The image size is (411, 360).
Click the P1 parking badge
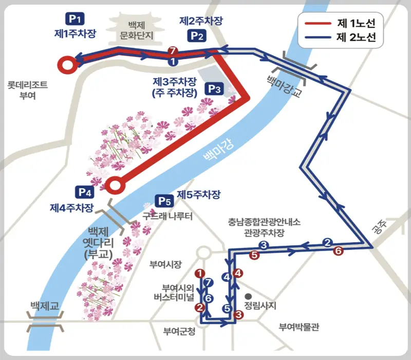(75, 19)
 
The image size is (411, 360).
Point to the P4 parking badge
(85, 193)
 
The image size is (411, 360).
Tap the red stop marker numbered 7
(173, 50)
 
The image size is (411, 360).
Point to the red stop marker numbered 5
(253, 254)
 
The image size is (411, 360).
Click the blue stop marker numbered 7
(208, 282)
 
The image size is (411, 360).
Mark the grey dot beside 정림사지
(248, 296)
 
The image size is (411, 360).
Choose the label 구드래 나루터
(167, 217)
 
